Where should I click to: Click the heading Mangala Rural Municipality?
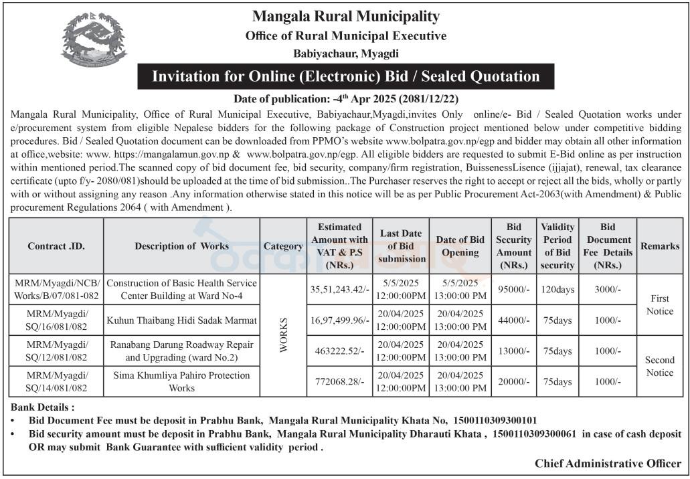click(x=345, y=16)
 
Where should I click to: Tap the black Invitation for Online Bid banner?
click(x=345, y=76)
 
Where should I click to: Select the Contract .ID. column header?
click(x=56, y=246)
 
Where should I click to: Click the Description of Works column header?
click(x=181, y=246)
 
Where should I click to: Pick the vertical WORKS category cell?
click(x=283, y=335)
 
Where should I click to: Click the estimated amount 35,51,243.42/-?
click(x=339, y=290)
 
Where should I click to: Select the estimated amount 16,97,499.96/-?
click(x=339, y=320)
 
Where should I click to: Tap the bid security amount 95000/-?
click(x=514, y=290)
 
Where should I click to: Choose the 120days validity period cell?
click(x=557, y=290)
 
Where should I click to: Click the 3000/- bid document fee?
click(x=607, y=290)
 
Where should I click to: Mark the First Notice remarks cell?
click(x=659, y=304)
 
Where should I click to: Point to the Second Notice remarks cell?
click(x=659, y=366)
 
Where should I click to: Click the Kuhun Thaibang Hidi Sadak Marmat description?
click(x=181, y=320)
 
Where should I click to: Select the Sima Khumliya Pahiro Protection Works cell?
click(x=181, y=381)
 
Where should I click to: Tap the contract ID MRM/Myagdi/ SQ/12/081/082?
click(x=56, y=351)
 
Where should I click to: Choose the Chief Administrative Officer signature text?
click(x=608, y=463)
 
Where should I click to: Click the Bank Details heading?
click(x=43, y=407)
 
